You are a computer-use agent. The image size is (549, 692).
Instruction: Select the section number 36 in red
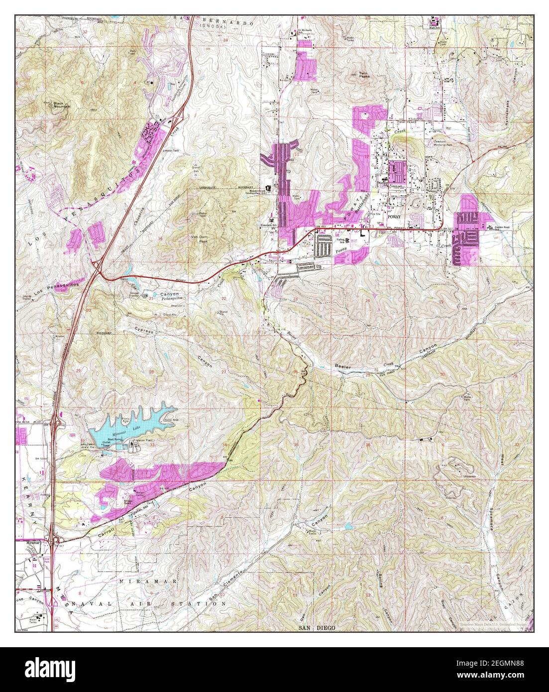(x=367, y=445)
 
